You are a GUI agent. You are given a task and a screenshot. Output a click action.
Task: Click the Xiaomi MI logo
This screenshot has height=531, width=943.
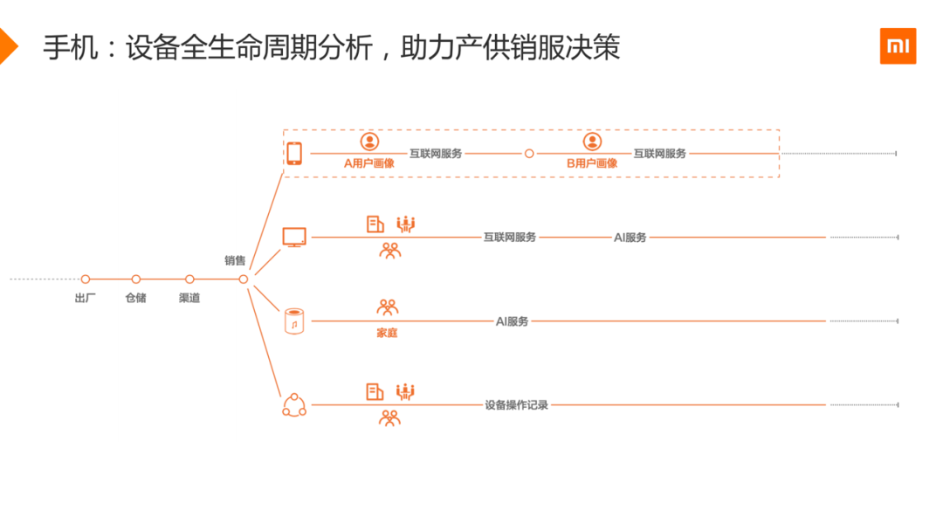coord(898,45)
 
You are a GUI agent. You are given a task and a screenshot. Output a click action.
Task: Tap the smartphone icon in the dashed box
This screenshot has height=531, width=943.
coord(294,154)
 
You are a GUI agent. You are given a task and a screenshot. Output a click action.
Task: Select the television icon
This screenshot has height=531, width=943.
coord(294,237)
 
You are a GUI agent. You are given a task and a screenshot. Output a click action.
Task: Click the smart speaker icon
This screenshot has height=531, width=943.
coord(294,321)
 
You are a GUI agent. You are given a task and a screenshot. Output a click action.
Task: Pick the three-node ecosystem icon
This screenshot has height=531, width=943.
coord(294,405)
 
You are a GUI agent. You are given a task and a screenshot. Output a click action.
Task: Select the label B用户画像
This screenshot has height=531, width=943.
coord(592,162)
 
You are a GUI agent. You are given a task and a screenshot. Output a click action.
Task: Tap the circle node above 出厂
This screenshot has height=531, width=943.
coord(86,279)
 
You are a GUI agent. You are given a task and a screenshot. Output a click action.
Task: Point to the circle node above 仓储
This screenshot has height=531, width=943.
coord(136,279)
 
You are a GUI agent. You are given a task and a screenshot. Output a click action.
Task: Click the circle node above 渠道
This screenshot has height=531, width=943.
coord(189,279)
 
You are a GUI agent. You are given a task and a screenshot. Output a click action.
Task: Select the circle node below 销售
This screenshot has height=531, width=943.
coord(244,279)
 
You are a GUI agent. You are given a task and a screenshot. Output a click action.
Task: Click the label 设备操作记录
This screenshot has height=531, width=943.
coord(517,405)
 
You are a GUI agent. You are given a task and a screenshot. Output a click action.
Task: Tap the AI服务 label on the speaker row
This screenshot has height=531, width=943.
coord(513,321)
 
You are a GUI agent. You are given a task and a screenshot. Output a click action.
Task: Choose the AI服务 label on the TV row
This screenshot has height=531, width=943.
coord(630,237)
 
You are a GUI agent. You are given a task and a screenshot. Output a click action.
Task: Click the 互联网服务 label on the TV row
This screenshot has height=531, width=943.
coord(510,237)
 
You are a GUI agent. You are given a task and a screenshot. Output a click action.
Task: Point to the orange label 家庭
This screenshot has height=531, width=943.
coord(387,333)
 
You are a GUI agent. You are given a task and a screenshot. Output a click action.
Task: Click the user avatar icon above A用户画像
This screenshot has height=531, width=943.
coord(369,141)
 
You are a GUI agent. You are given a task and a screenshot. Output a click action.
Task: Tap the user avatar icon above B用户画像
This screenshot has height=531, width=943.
coord(592,141)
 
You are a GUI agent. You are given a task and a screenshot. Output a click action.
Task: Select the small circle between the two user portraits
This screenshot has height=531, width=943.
coord(529,154)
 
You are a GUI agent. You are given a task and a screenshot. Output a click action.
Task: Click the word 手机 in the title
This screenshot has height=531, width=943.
coord(66,47)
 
